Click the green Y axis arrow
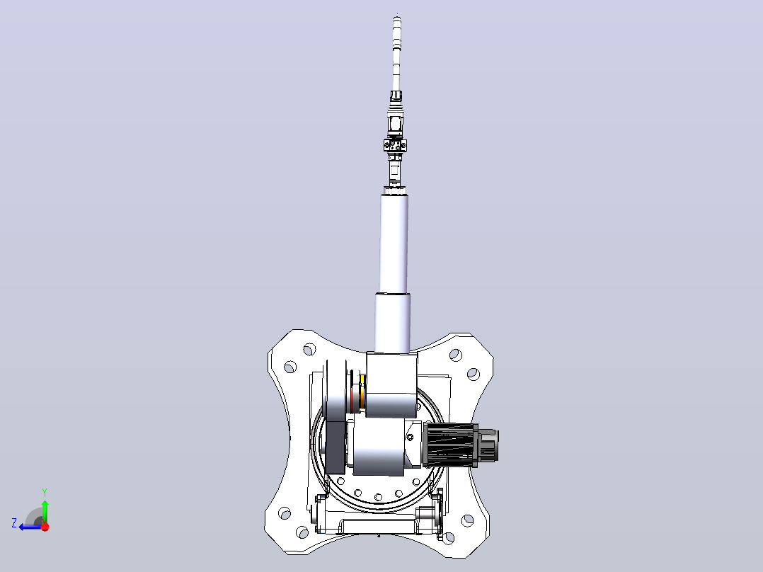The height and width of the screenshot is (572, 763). pyautogui.click(x=45, y=511)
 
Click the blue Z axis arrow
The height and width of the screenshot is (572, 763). pyautogui.click(x=30, y=527)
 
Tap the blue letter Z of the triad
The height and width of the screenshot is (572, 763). pyautogui.click(x=14, y=523)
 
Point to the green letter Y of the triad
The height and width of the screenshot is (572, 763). pyautogui.click(x=45, y=492)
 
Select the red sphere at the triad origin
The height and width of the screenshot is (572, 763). pyautogui.click(x=45, y=527)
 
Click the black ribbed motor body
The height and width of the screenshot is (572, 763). pyautogui.click(x=449, y=443)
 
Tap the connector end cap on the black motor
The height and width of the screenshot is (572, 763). pyautogui.click(x=488, y=444)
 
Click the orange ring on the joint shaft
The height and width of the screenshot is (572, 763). pyautogui.click(x=362, y=391)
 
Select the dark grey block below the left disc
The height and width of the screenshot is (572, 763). pyautogui.click(x=335, y=446)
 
